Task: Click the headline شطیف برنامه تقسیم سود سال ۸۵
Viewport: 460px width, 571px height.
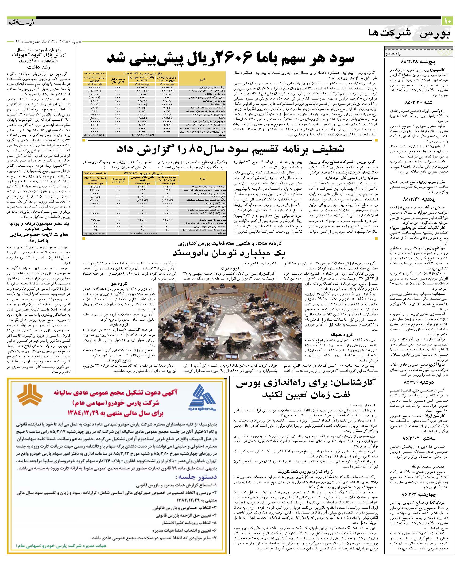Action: (x=230, y=149)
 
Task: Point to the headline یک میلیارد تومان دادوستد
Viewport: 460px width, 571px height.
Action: (x=229, y=253)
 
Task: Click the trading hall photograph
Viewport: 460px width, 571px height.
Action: (x=230, y=322)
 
